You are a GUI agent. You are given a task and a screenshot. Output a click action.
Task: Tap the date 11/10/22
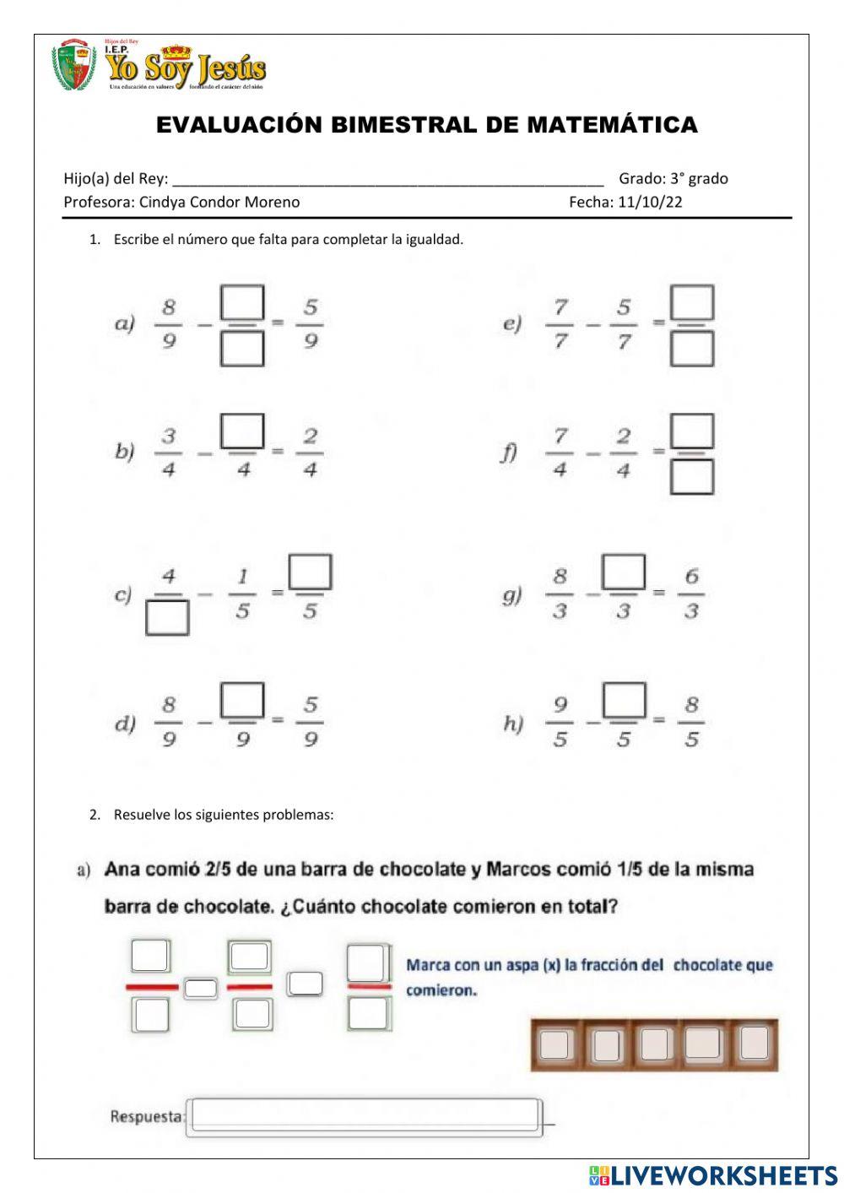point(650,202)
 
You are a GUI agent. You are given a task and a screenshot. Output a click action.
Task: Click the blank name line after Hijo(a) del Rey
point(387,179)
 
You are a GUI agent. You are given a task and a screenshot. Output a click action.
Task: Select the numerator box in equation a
point(242,303)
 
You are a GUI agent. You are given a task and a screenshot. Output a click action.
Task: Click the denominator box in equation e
point(692,348)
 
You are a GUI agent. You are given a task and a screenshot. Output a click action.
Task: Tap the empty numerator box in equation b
point(242,431)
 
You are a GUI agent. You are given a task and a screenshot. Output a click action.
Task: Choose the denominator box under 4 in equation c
point(167,617)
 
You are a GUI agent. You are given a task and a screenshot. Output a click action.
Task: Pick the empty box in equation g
point(624,572)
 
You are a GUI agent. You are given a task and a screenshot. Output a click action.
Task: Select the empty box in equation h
point(624,700)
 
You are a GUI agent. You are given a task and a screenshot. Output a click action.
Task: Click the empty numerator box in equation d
point(242,700)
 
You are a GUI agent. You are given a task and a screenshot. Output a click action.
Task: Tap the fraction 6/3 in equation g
point(691,594)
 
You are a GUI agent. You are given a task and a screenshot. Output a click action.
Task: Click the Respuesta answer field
point(365,1116)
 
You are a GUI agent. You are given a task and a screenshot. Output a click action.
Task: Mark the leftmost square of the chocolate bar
point(555,1044)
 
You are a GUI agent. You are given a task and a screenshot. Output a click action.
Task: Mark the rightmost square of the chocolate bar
point(754,1044)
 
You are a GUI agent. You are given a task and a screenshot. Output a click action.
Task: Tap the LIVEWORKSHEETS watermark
point(714,1174)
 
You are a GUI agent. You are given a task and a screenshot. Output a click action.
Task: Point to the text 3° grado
point(699,178)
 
